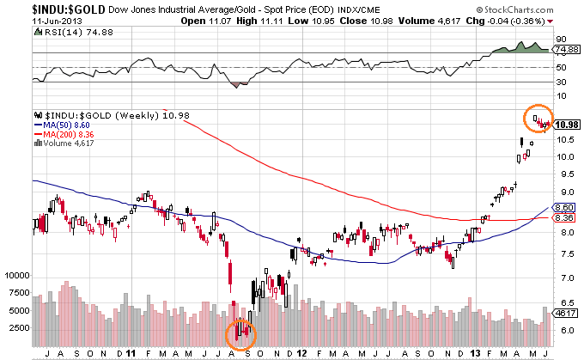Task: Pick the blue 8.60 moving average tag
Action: pos(564,208)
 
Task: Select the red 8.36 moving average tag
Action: pos(564,218)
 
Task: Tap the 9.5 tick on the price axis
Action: pos(563,174)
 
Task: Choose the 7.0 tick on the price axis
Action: pos(563,278)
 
